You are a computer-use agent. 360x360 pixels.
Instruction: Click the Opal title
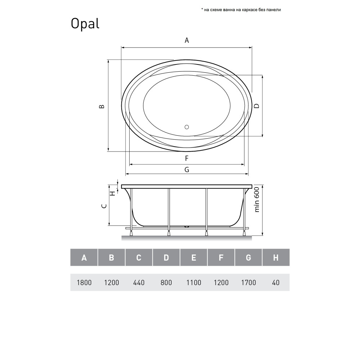click(x=85, y=24)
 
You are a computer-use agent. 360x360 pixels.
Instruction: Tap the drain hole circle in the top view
click(x=186, y=127)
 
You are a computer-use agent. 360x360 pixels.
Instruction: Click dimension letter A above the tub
click(x=186, y=40)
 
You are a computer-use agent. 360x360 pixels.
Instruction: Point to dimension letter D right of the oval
click(x=256, y=106)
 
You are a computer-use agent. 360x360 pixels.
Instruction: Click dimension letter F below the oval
click(x=186, y=158)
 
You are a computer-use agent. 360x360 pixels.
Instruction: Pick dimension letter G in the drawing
click(x=186, y=170)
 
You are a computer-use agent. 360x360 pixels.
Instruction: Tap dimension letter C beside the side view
click(x=104, y=206)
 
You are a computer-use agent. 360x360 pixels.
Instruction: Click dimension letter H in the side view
click(x=112, y=193)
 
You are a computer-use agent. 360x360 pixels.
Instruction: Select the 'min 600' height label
click(x=257, y=200)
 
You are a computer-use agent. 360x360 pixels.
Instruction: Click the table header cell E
click(x=194, y=257)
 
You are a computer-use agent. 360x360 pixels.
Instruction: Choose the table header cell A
click(x=84, y=257)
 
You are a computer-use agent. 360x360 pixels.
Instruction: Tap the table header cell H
click(x=276, y=257)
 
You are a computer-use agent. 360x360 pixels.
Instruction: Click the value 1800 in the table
click(x=84, y=283)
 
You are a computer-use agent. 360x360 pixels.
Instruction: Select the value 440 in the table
click(x=139, y=283)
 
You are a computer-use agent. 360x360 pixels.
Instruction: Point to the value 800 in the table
click(x=166, y=283)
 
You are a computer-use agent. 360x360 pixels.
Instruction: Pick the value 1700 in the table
click(x=248, y=283)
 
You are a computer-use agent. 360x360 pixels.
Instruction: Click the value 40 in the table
click(x=276, y=283)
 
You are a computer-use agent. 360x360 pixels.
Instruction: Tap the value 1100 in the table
click(x=194, y=283)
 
